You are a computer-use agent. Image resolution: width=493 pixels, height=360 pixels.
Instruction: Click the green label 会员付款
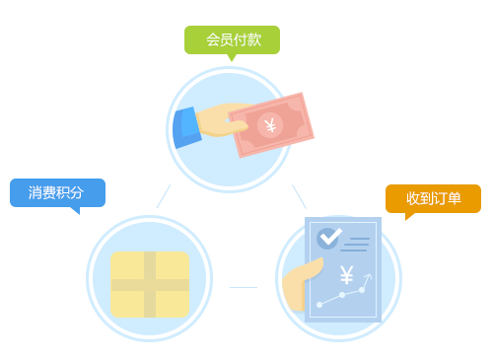[232, 39]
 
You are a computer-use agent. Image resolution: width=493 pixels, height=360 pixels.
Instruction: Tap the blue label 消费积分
[57, 192]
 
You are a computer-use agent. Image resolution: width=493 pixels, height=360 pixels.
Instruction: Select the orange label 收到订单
[433, 198]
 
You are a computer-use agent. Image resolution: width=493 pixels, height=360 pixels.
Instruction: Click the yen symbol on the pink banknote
[270, 125]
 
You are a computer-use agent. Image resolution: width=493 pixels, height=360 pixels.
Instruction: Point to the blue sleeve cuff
[186, 127]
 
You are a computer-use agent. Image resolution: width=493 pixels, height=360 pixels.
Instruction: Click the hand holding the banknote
[222, 120]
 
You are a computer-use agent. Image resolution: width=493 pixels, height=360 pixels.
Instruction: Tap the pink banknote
[271, 125]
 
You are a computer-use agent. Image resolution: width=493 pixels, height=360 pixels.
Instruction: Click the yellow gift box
[150, 284]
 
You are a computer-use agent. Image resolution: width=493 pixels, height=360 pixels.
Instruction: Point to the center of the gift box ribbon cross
[150, 285]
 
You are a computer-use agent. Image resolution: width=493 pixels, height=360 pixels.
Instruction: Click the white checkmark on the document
[330, 236]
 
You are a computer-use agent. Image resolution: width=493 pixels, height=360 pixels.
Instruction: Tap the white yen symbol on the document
[347, 275]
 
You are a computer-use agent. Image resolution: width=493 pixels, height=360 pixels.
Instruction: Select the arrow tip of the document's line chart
[369, 274]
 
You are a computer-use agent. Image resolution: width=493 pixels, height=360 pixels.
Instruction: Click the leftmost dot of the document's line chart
[319, 305]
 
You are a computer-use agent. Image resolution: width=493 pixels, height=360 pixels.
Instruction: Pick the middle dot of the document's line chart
[342, 295]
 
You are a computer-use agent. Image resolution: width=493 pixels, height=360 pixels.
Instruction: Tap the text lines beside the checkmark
[355, 245]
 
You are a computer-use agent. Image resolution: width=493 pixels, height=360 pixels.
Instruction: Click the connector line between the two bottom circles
[244, 287]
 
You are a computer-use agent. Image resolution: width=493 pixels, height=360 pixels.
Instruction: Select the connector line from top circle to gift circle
[164, 196]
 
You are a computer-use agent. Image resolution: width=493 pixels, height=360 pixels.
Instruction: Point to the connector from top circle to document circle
[300, 196]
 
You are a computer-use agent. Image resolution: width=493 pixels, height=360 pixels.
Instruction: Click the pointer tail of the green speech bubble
[232, 58]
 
